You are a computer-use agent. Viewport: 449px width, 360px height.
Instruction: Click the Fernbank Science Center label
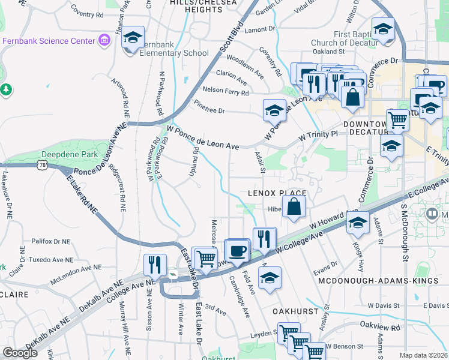pos(49,41)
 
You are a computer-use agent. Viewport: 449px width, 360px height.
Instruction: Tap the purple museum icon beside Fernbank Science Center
pos(104,41)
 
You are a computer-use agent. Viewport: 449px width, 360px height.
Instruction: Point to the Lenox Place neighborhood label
pos(277,193)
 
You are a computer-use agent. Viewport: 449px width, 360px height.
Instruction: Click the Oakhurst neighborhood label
pos(294,312)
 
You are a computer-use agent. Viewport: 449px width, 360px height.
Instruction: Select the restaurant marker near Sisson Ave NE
pos(155,264)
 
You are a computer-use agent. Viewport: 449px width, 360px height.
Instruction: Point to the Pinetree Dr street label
pos(209,111)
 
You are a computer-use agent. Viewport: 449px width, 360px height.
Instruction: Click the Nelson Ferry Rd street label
pos(226,92)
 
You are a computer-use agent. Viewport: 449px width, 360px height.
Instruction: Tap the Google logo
pos(20,353)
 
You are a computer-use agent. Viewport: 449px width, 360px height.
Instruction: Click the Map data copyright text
pos(423,355)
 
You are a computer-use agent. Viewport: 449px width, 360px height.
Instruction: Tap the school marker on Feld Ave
pos(270,277)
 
